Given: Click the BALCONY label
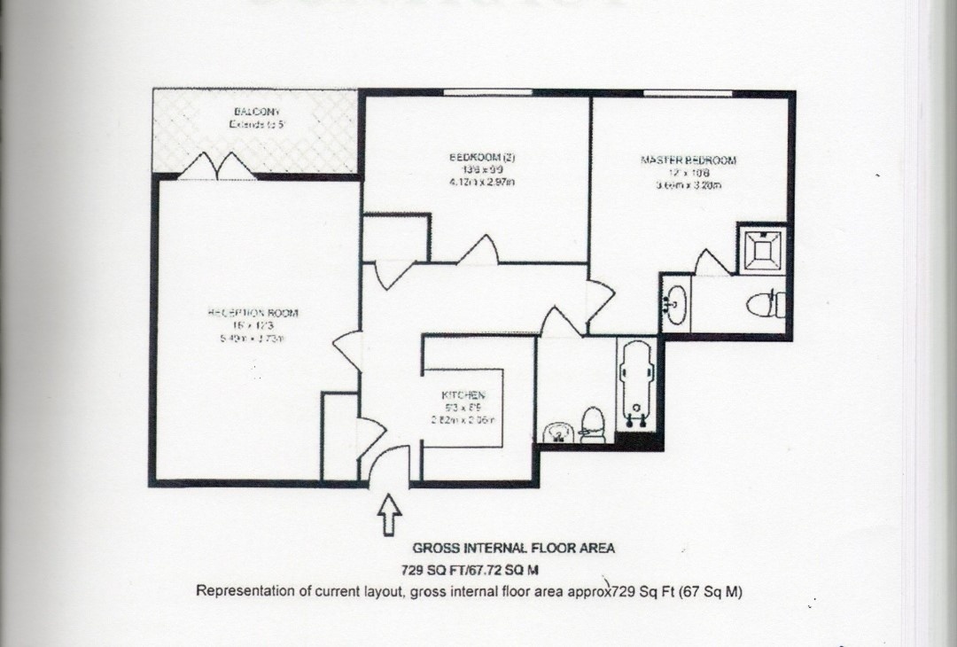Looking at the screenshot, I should tap(257, 112).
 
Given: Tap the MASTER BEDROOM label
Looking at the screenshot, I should tap(688, 160).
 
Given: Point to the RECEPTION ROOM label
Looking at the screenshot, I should tap(253, 313).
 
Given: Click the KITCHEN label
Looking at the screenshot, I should tap(463, 394).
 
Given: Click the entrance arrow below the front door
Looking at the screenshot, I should tap(389, 514).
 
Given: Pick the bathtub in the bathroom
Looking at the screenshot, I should tap(638, 381).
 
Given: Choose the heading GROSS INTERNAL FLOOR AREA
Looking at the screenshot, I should tap(513, 548).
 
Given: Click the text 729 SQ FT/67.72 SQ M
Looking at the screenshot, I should tap(471, 570).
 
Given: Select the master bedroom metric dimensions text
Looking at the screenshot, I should tap(689, 185).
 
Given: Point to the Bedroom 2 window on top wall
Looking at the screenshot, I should tap(487, 92).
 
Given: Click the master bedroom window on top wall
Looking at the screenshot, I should tap(688, 92).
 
